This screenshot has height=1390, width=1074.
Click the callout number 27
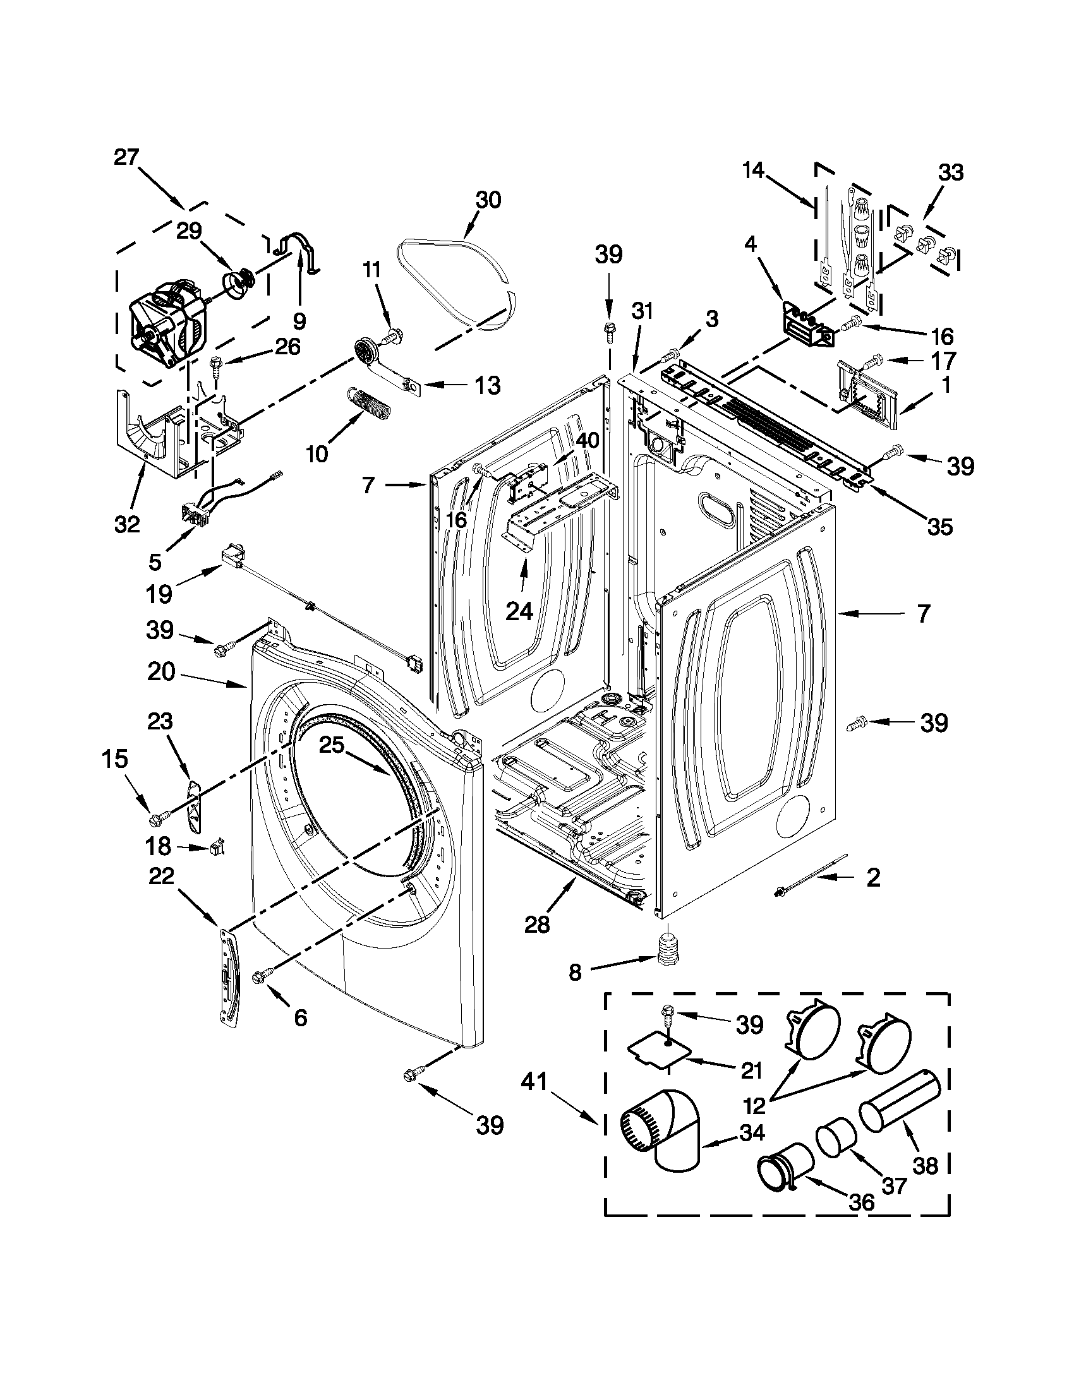[126, 157]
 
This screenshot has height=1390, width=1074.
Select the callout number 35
[939, 526]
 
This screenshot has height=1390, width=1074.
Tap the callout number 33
[951, 172]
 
